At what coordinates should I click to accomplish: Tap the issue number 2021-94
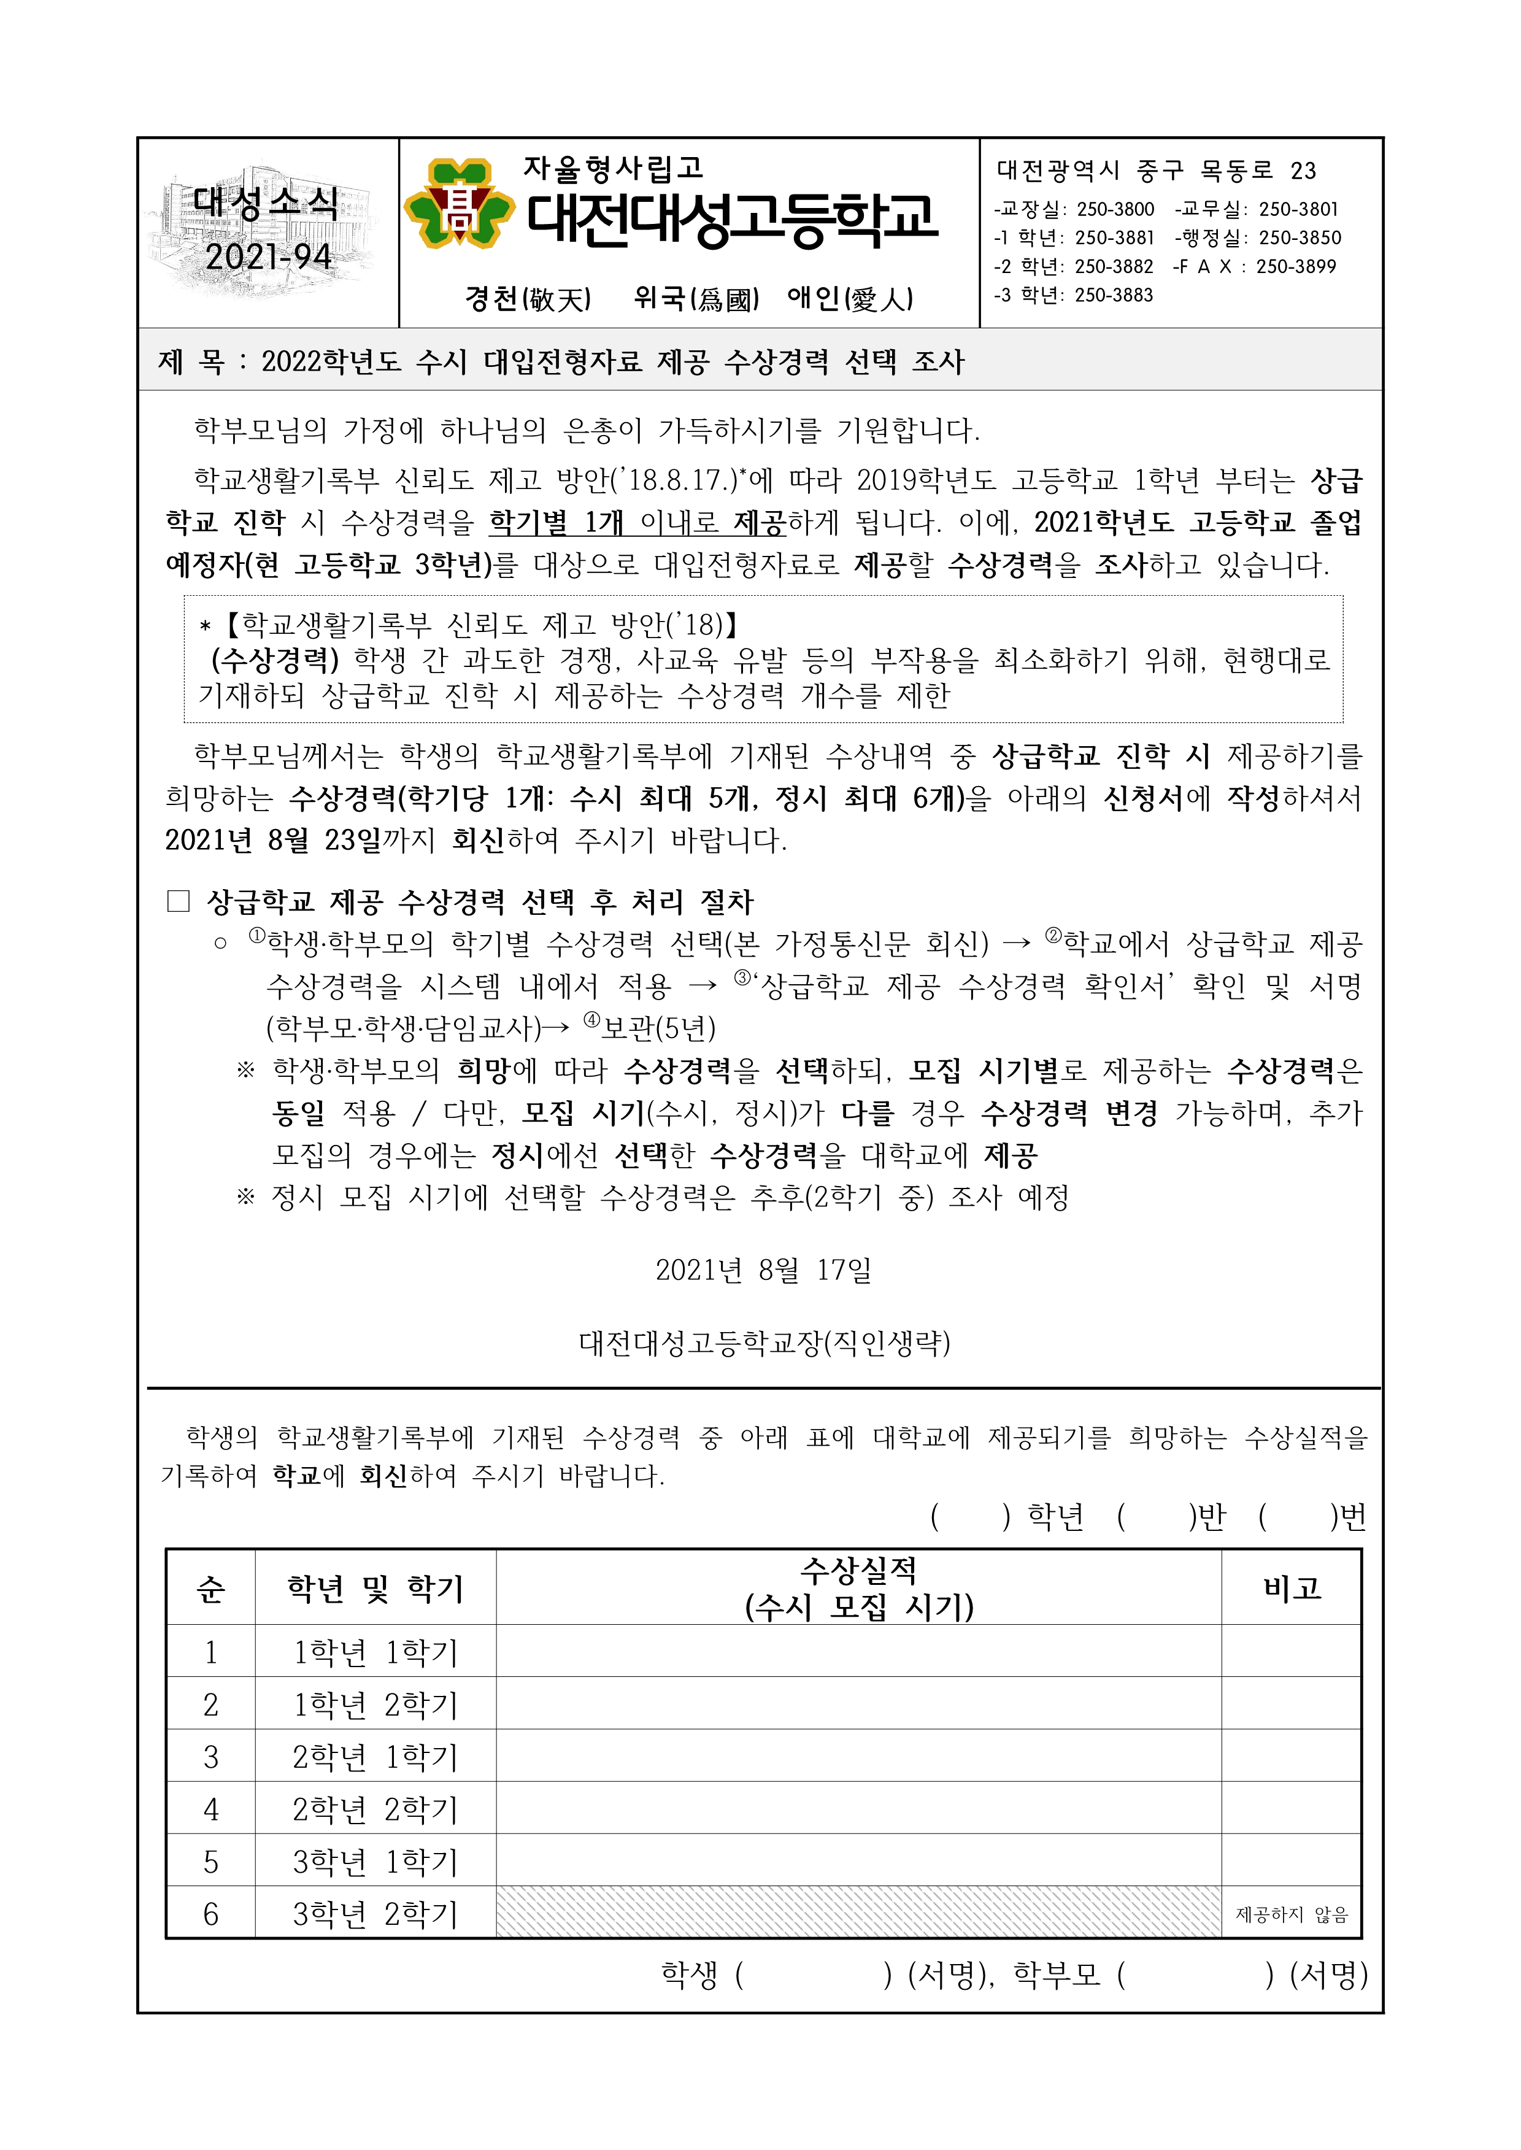click(x=268, y=256)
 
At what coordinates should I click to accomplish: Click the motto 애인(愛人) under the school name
click(x=850, y=299)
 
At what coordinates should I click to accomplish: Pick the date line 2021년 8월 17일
click(x=763, y=1271)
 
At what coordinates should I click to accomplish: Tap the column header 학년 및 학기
click(x=375, y=1589)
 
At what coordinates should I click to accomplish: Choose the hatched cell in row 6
click(x=858, y=1914)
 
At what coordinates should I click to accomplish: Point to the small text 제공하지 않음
click(x=1292, y=1915)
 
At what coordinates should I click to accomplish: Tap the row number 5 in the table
click(x=210, y=1862)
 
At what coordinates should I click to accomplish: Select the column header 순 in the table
click(x=210, y=1589)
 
